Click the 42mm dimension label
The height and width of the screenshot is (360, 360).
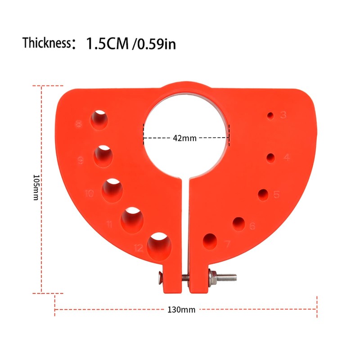(184, 138)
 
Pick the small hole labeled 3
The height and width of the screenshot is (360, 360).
(270, 116)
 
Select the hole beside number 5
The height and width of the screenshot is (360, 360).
(263, 194)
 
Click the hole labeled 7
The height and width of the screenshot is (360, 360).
(210, 241)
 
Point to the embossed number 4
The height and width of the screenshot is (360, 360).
(286, 158)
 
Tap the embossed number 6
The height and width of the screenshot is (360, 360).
(252, 226)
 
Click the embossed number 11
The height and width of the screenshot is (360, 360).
(109, 224)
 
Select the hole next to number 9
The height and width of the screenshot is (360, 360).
(104, 156)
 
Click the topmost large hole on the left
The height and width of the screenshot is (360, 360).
(100, 120)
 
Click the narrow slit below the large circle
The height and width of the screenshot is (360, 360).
(186, 225)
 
